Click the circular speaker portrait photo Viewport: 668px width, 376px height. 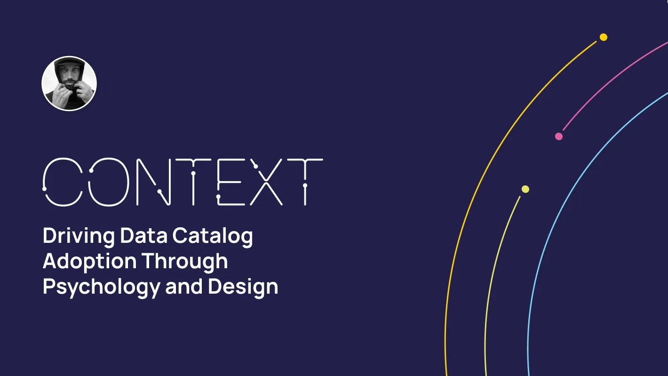click(x=69, y=83)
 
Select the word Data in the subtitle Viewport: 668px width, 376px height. click(x=144, y=235)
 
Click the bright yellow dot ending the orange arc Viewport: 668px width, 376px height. click(x=603, y=37)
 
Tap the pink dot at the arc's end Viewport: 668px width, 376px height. click(x=559, y=136)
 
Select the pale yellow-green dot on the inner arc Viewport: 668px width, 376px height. click(x=525, y=189)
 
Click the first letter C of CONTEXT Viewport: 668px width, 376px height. click(x=63, y=182)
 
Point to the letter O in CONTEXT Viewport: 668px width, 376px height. click(x=109, y=182)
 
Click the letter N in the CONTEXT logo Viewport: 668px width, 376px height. click(x=153, y=182)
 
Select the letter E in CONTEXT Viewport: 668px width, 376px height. click(x=231, y=182)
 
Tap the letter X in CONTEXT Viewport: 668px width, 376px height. click(x=266, y=182)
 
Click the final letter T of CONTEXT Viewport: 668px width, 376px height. click(x=305, y=182)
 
